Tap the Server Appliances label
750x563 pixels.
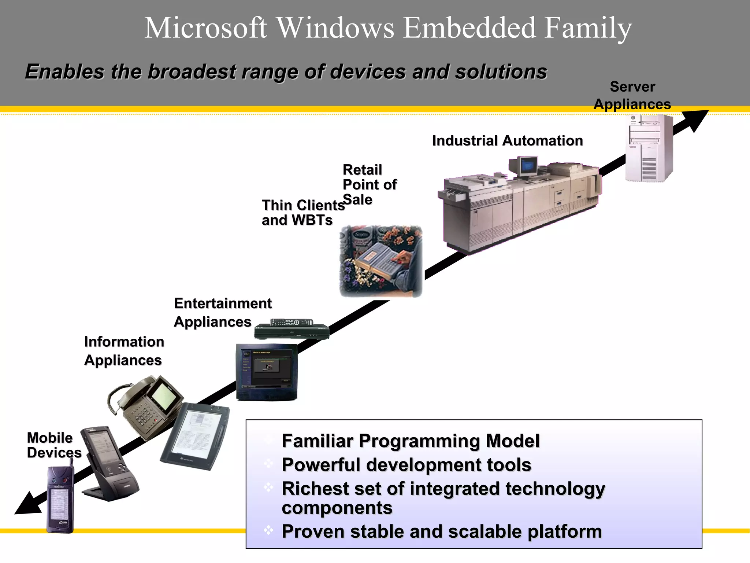click(x=632, y=96)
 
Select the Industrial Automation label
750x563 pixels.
click(x=507, y=141)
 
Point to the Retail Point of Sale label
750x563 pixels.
click(x=369, y=185)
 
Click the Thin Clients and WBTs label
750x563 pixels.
click(x=303, y=213)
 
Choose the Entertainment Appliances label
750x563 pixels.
click(x=222, y=313)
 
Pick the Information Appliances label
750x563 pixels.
click(x=124, y=351)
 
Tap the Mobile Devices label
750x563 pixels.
click(x=53, y=445)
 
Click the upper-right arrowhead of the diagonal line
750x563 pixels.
click(x=698, y=119)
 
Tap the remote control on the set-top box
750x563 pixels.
click(x=292, y=322)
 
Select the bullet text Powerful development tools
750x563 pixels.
click(x=406, y=465)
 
